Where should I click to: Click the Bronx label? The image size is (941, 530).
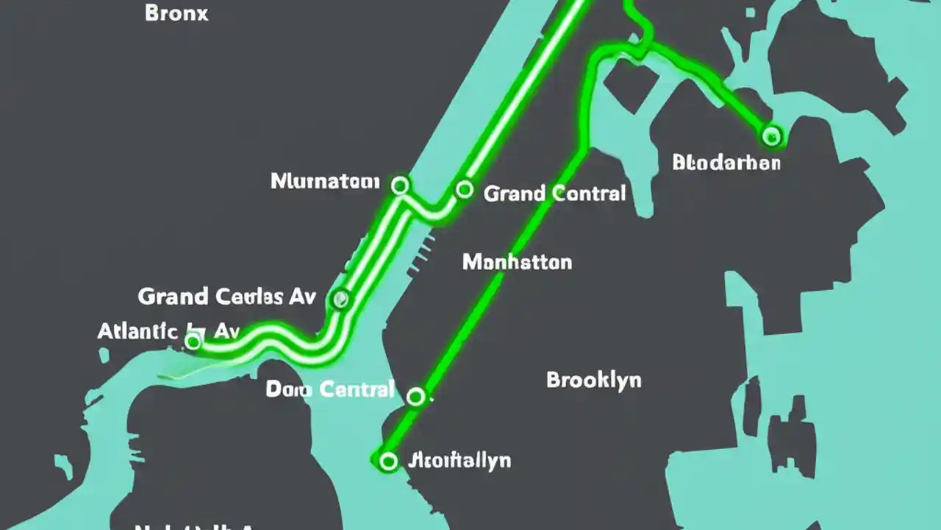pos(176,13)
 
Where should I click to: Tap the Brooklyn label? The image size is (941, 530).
pos(593,380)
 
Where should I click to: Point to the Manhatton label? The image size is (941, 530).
pos(517,262)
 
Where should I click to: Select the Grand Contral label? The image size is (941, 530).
pos(554,194)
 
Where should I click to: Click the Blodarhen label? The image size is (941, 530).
pos(726,162)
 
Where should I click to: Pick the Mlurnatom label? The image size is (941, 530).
pos(325,181)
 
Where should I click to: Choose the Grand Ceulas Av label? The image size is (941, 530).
pos(226,297)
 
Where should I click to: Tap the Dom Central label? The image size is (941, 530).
pos(330,389)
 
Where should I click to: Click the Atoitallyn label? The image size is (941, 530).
pos(459,461)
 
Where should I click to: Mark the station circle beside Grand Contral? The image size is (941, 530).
pos(464,190)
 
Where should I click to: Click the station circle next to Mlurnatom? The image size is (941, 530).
pos(400,185)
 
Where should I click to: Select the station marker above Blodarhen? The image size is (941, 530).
pos(771,135)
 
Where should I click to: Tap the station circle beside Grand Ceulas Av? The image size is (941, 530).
pos(340,299)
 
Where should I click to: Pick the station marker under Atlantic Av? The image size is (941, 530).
pos(193,342)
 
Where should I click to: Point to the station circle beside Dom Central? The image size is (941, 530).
pos(415,397)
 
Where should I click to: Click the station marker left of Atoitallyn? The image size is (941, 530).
pos(388,462)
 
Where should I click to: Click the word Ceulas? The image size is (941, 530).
pos(250,297)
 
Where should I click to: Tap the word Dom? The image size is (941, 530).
pos(283,389)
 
